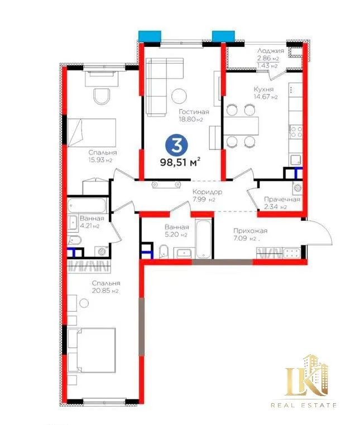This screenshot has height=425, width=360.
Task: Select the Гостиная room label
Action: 194,112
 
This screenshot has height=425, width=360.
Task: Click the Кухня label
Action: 263,89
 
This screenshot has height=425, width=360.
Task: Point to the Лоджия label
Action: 271,51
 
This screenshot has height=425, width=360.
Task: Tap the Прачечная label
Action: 282,200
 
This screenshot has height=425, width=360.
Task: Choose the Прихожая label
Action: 250,231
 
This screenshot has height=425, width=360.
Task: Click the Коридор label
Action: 207,192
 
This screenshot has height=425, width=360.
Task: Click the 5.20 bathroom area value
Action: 172,235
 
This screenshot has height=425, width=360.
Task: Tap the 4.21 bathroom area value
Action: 86,226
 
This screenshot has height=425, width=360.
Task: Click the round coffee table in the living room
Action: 179,96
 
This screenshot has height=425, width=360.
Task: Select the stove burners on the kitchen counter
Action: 296,132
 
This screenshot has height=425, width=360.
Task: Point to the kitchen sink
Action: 296,160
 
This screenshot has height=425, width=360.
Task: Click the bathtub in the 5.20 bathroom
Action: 203,235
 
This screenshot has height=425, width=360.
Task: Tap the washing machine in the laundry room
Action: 297,187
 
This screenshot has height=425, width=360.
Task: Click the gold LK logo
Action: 307,375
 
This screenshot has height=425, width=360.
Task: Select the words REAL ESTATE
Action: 304,405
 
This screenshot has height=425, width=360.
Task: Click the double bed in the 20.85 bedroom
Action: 92,350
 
